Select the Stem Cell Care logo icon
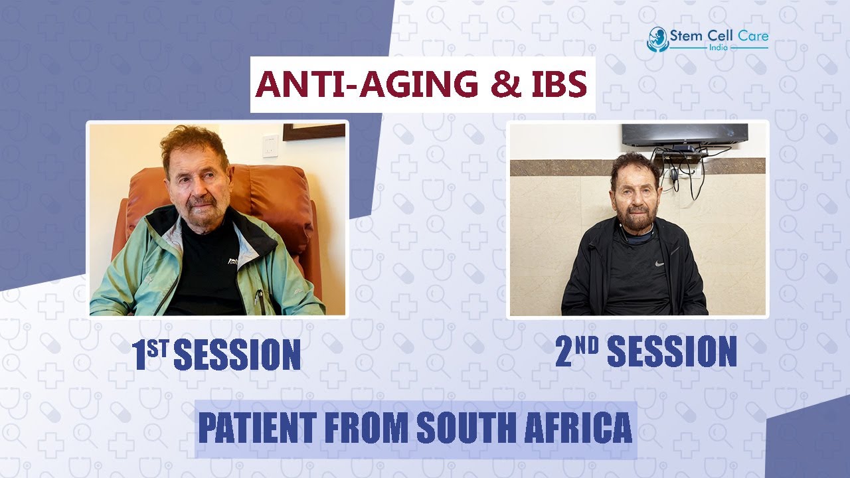click(656, 39)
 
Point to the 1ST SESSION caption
click(217, 355)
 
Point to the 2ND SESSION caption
click(645, 352)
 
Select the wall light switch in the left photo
click(270, 145)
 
